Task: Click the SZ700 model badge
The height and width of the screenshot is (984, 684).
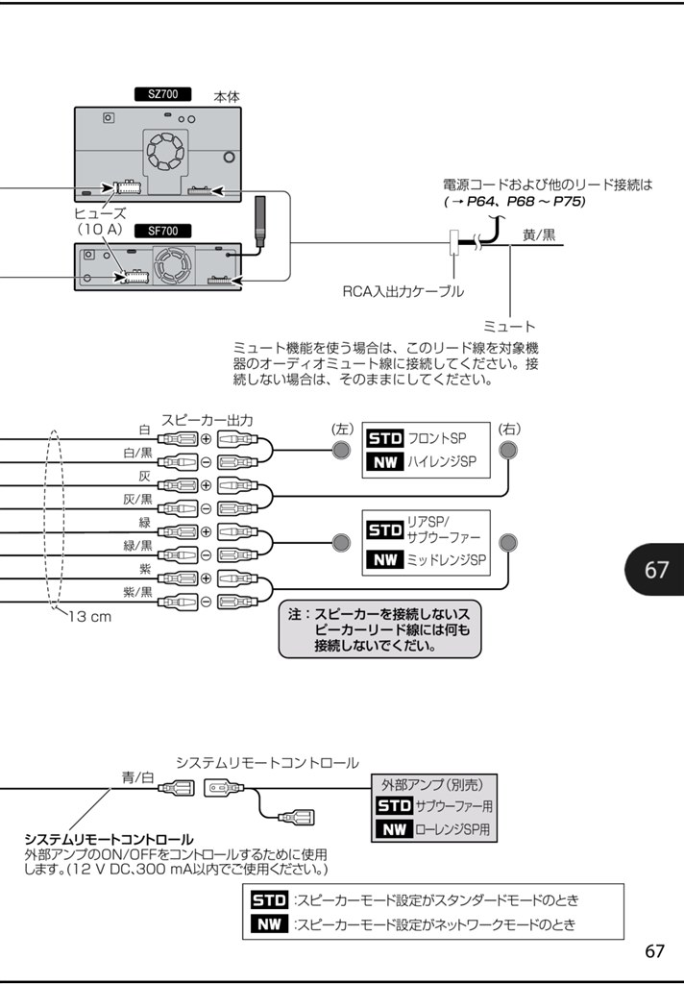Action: tap(161, 95)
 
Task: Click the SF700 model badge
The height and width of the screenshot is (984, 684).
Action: tap(161, 232)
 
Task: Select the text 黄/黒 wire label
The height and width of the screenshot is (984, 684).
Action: tap(538, 234)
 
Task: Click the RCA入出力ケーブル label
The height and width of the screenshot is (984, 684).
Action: tap(403, 290)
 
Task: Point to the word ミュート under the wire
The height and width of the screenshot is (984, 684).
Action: tap(509, 327)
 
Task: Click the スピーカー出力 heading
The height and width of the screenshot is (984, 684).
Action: tap(207, 420)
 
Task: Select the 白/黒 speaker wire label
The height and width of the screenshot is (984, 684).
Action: tap(137, 453)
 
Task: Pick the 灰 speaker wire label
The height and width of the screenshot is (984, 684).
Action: tap(144, 476)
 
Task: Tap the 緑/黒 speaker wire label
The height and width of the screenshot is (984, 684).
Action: tap(137, 546)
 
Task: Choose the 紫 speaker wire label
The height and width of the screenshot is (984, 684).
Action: tap(144, 569)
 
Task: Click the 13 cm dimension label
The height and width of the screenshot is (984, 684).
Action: tap(88, 616)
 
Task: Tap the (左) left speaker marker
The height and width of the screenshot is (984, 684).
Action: tap(342, 429)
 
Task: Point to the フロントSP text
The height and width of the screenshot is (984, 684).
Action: tap(437, 438)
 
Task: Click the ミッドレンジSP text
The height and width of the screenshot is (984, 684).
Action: tap(446, 559)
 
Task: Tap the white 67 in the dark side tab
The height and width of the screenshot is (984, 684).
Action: tap(656, 570)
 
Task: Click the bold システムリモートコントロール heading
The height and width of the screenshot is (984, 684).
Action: tap(109, 839)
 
